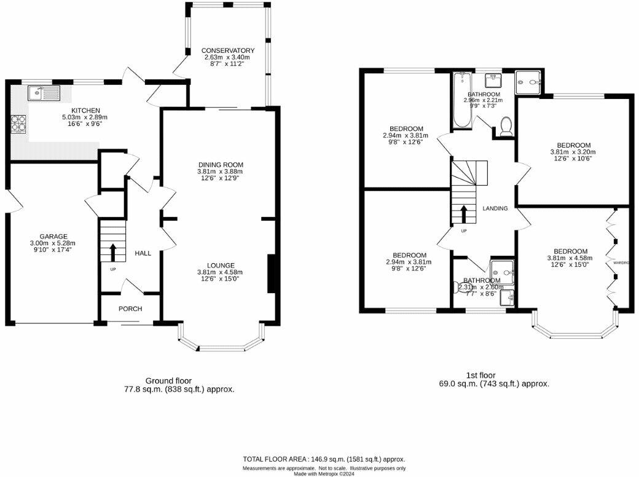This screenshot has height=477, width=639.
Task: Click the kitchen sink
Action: pos(44,93)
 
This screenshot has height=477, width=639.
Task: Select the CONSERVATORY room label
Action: pos(228,50)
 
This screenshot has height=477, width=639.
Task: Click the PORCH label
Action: pos(130,309)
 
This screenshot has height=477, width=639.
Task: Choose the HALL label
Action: pos(143,253)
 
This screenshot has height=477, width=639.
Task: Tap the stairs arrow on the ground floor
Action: pos(112,253)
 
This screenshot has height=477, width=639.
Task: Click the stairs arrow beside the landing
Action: pos(464,215)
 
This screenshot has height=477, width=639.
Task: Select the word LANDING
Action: pos(495,208)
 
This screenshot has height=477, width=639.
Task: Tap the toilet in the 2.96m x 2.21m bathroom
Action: pos(507,126)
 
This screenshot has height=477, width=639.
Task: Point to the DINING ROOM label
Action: pos(221,165)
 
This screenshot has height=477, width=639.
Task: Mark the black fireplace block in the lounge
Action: pos(271,275)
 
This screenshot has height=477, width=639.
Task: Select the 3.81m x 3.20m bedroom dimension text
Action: pos(573,152)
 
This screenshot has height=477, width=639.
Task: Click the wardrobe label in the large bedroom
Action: pos(622,262)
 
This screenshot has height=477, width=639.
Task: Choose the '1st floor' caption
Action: pos(481,375)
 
